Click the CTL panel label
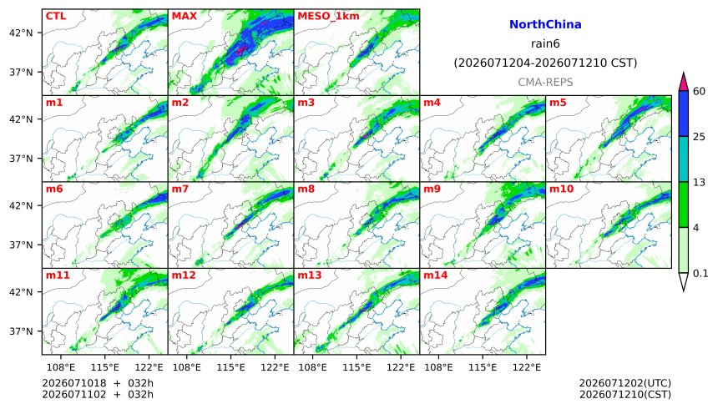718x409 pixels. click(x=56, y=16)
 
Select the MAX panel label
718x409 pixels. click(x=184, y=16)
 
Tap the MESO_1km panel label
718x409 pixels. click(x=328, y=16)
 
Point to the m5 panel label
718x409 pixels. click(x=558, y=102)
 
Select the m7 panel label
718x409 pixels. click(x=180, y=189)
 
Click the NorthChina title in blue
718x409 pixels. click(x=545, y=24)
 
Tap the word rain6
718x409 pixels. click(x=545, y=43)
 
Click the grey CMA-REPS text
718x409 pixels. click(x=545, y=82)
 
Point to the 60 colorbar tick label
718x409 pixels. click(x=699, y=91)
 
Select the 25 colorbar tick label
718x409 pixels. click(x=699, y=137)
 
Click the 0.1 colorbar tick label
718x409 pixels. click(x=700, y=274)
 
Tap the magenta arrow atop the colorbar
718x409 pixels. click(x=683, y=83)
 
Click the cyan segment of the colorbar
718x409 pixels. click(x=683, y=159)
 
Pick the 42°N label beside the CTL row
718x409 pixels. click(x=21, y=33)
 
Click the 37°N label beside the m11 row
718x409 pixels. click(x=21, y=331)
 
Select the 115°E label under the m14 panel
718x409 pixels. click(x=483, y=367)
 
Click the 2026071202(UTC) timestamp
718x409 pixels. click(x=625, y=383)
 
